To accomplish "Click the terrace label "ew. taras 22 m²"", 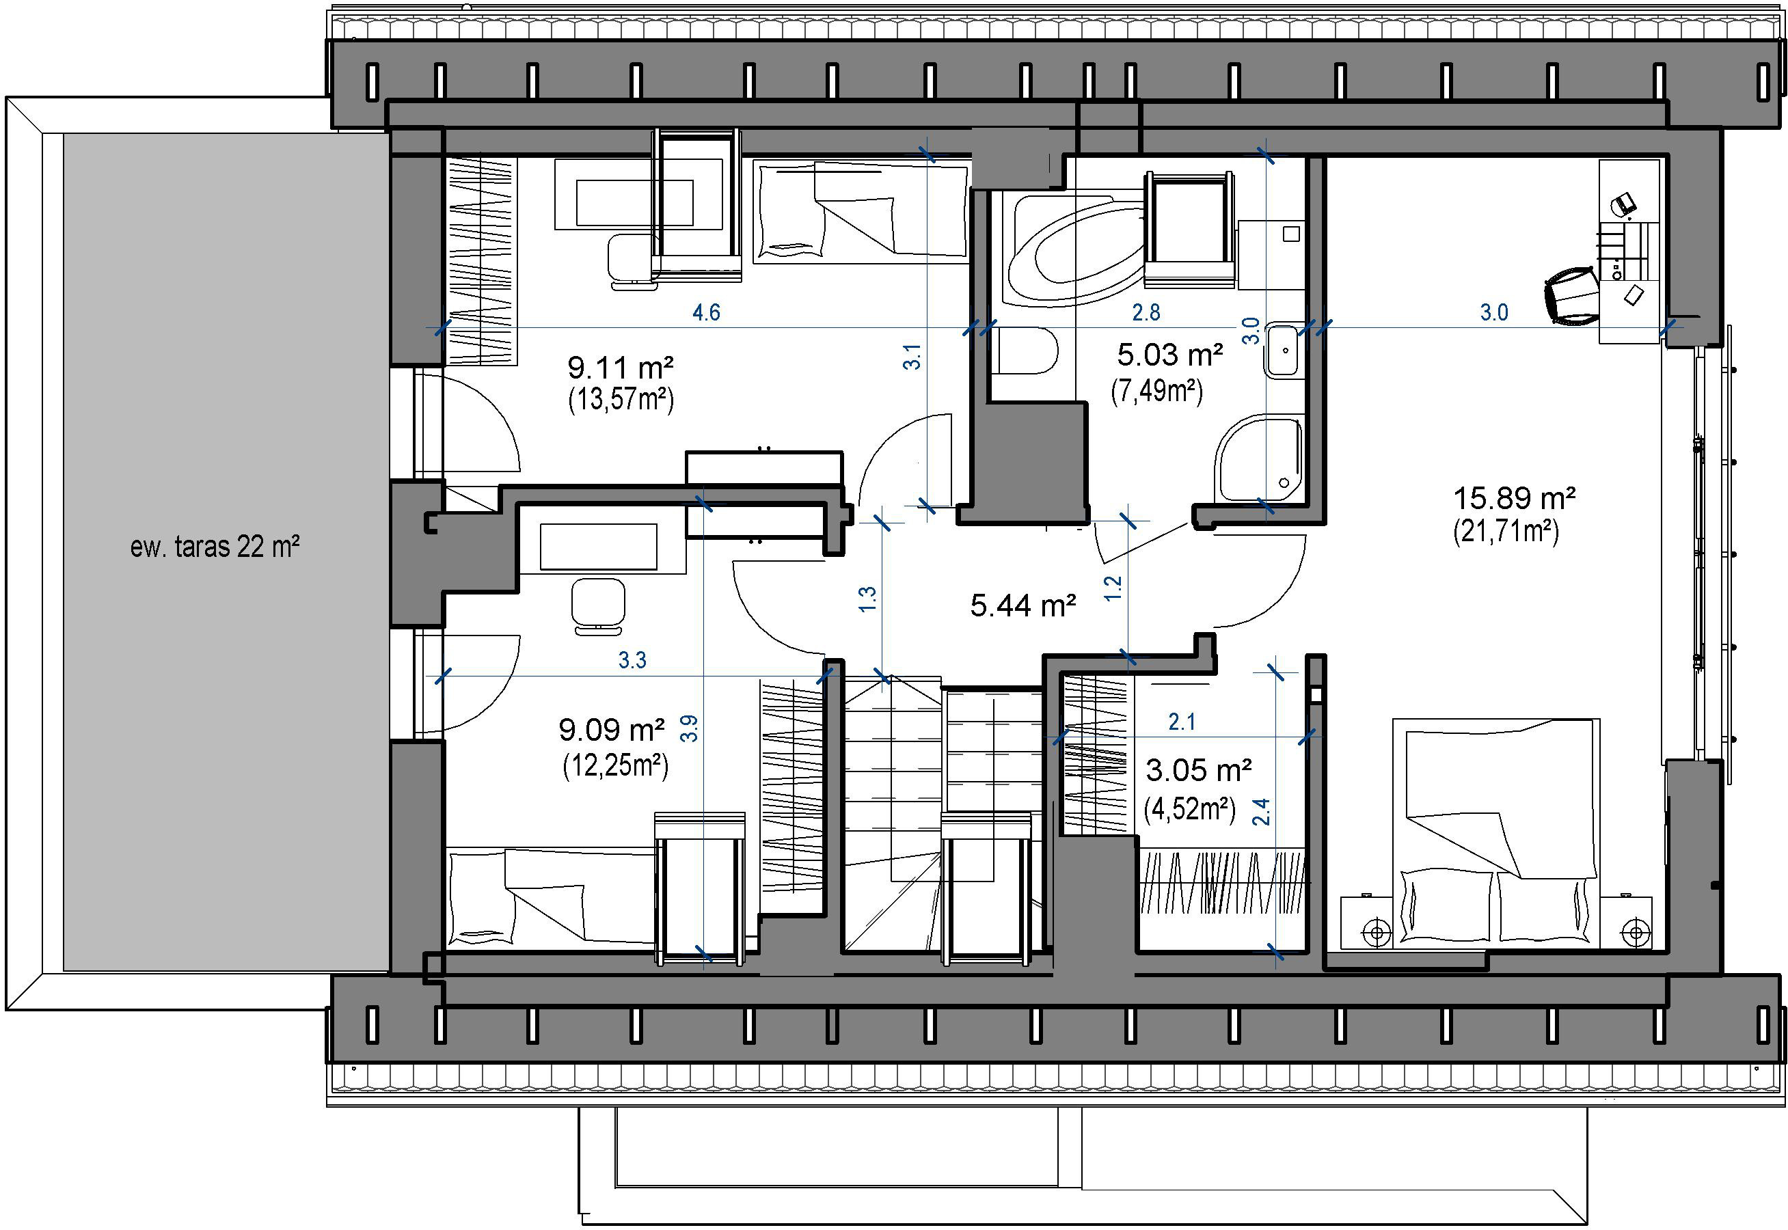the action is coord(214,547).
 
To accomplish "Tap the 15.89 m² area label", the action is coord(1514,498).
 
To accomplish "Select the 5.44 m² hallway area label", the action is coord(1022,605).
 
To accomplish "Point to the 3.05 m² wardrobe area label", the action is coord(1198,769).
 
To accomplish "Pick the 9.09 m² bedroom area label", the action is coord(612,729).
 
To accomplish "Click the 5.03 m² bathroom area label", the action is coord(1170,355).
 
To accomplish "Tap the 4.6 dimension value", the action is coord(706,312).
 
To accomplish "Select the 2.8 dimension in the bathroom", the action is coord(1146,312).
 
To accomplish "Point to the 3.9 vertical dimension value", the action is coord(690,728).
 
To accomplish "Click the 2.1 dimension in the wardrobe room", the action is coord(1182,722).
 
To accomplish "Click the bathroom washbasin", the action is coord(1283,351).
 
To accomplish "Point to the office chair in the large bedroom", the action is coord(1572,295).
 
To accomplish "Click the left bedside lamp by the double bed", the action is coord(1377,933).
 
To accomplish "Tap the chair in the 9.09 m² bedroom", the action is coord(597,605).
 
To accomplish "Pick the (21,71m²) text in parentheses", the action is coord(1506,532).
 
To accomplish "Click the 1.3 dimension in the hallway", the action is coord(868,599).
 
